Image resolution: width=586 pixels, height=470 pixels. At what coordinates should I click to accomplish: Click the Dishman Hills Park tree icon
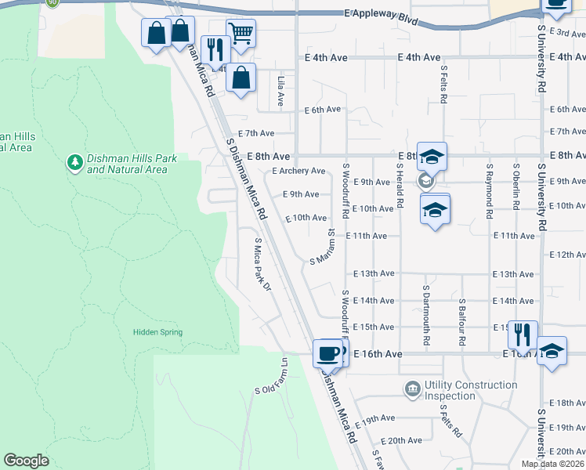point(75,163)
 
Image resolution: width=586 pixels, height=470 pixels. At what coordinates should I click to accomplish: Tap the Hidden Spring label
point(157,332)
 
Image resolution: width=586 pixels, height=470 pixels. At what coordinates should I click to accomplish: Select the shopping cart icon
point(241,33)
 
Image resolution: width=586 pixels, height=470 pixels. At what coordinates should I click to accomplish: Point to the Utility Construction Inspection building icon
point(412,389)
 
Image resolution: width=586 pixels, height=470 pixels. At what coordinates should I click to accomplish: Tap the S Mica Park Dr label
point(262,266)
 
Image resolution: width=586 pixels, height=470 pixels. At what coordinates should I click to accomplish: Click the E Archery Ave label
point(298,171)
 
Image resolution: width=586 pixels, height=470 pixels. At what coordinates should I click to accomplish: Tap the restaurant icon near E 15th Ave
point(523,334)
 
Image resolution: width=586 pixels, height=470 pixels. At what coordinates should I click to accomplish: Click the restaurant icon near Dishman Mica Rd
point(215,49)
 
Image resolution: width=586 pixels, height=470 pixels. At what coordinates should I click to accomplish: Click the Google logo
point(26,461)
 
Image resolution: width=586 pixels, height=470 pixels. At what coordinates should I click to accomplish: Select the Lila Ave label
point(280,92)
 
